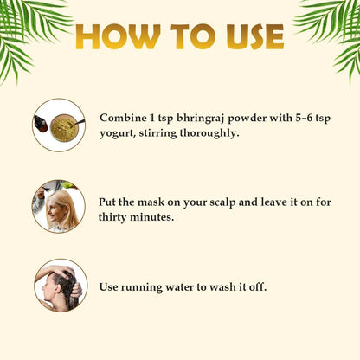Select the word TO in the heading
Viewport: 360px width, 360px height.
coord(193,36)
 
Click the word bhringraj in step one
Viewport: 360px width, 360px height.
coord(201,119)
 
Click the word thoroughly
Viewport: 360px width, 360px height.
coord(209,133)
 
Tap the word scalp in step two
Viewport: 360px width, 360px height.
coord(222,202)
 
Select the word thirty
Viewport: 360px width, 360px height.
coord(112,217)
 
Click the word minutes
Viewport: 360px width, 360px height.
coord(152,217)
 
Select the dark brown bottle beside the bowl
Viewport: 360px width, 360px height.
coord(41,125)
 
